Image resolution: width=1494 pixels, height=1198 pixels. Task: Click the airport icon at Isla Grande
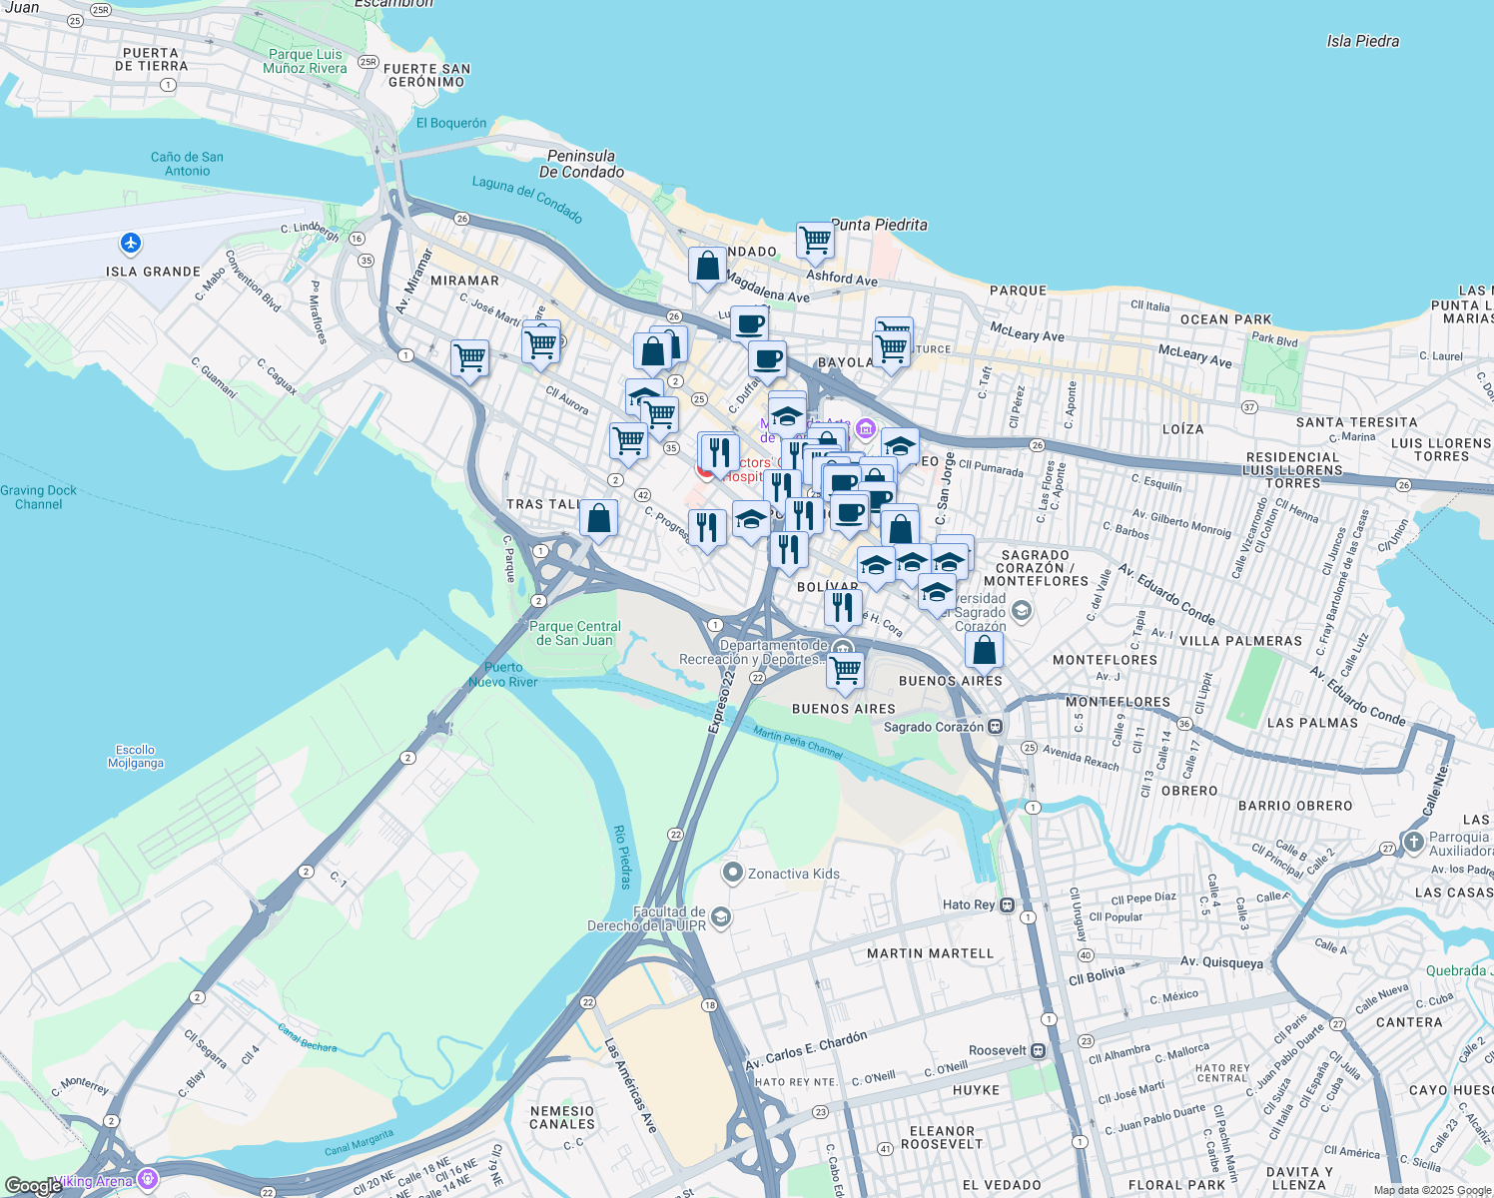pyautogui.click(x=130, y=243)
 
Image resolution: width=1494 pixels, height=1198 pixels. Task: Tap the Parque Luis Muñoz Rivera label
pyautogui.click(x=305, y=62)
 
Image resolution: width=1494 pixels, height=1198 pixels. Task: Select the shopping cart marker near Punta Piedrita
pyautogui.click(x=815, y=241)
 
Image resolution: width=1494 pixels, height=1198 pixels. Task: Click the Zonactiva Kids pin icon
pyautogui.click(x=732, y=874)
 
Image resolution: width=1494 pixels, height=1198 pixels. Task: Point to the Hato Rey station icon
pyautogui.click(x=1007, y=905)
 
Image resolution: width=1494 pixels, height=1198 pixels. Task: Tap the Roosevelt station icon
pyautogui.click(x=1039, y=1051)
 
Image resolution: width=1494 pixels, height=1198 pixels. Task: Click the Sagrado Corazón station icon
pyautogui.click(x=995, y=727)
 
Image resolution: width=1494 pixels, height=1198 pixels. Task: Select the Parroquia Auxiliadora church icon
pyautogui.click(x=1413, y=843)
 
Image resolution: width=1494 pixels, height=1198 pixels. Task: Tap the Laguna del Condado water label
pyautogui.click(x=526, y=199)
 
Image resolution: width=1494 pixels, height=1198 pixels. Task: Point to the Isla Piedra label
pyautogui.click(x=1362, y=41)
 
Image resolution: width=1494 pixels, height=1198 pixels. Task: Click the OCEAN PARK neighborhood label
pyautogui.click(x=1225, y=319)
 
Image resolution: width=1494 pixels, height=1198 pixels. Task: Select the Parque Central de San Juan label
pyautogui.click(x=575, y=633)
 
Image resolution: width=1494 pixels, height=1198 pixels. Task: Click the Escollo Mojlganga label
pyautogui.click(x=135, y=756)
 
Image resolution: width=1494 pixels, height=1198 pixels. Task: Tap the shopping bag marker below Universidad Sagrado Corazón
pyautogui.click(x=984, y=650)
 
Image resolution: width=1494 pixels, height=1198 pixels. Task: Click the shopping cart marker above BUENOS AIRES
pyautogui.click(x=845, y=670)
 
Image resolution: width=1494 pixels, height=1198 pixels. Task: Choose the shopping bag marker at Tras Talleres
pyautogui.click(x=598, y=518)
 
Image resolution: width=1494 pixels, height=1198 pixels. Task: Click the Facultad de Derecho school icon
pyautogui.click(x=721, y=917)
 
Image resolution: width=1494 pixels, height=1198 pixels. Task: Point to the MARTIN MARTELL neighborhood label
pyautogui.click(x=930, y=953)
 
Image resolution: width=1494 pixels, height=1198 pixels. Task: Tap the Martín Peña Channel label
pyautogui.click(x=797, y=743)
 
